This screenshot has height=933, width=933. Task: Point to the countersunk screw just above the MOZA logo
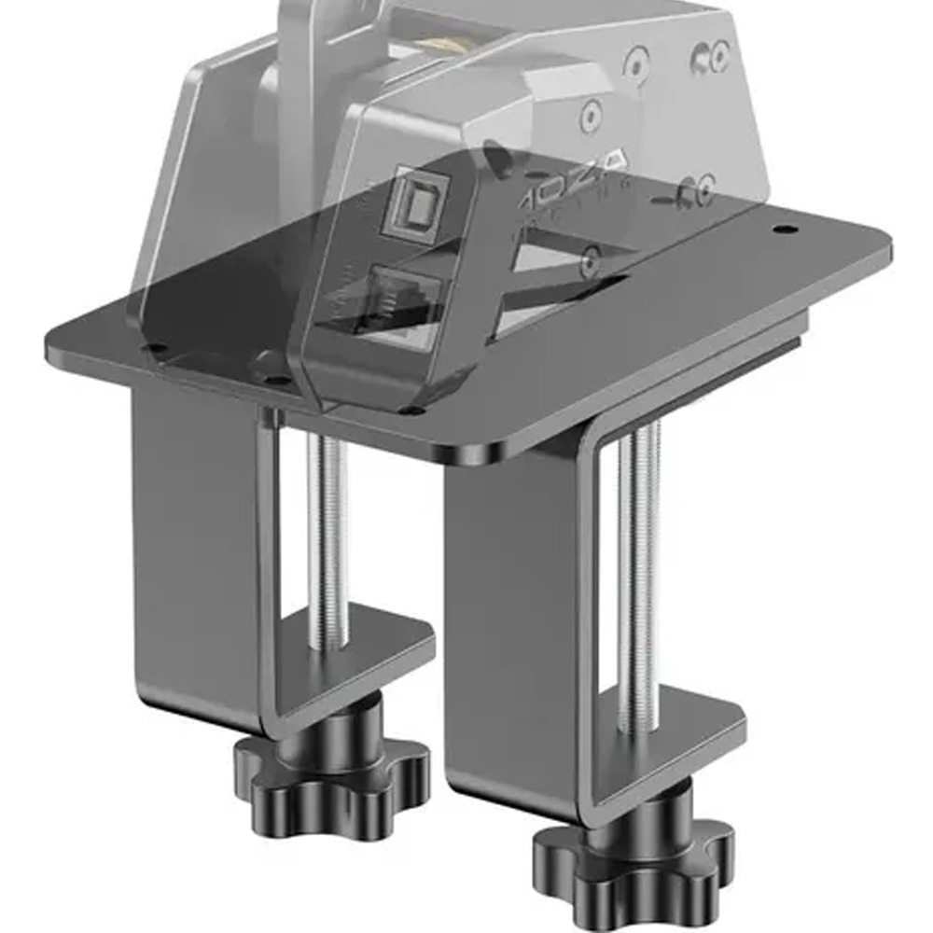click(590, 116)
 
